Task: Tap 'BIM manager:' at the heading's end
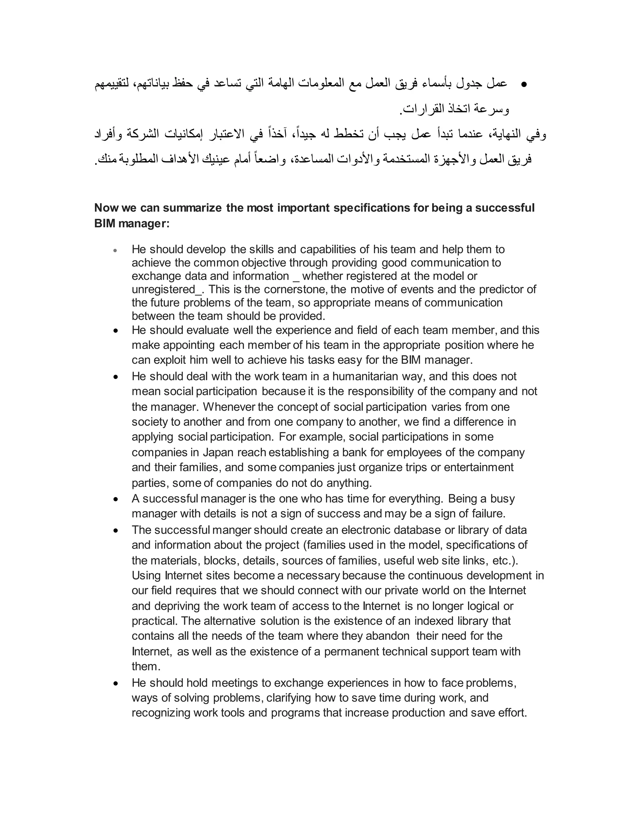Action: (132, 224)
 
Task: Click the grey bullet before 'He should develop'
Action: (116, 250)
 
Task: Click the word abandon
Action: (387, 636)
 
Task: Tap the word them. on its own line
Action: (146, 667)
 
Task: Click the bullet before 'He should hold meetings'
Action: (116, 684)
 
